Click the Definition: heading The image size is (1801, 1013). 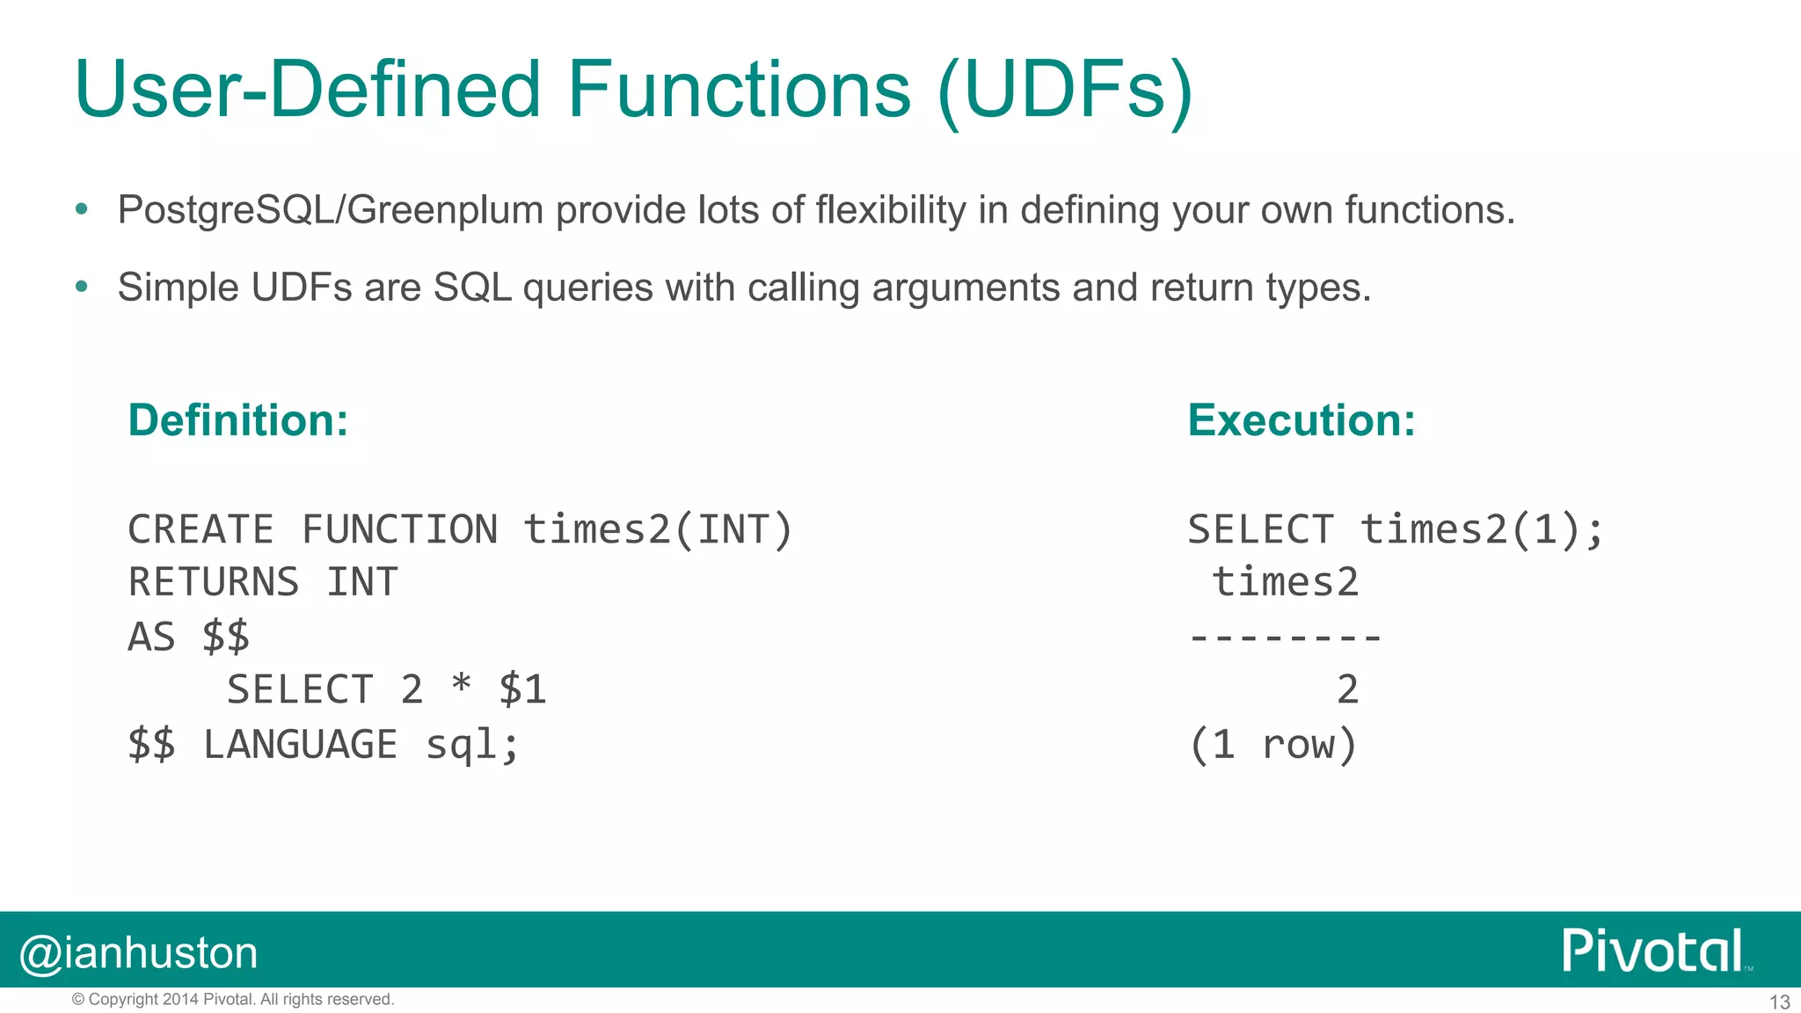point(238,420)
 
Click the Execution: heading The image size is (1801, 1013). point(1302,420)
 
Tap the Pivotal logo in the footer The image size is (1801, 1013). point(1654,951)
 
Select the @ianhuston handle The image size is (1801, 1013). point(139,953)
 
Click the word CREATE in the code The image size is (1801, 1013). point(201,530)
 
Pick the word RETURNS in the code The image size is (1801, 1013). point(214,583)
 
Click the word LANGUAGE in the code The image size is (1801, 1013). point(300,745)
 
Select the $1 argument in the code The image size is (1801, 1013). point(522,689)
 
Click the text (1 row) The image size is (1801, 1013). point(1272,745)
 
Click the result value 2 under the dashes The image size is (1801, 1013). point(1347,689)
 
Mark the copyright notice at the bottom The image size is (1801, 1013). point(233,1000)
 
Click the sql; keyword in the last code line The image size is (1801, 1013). point(472,745)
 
